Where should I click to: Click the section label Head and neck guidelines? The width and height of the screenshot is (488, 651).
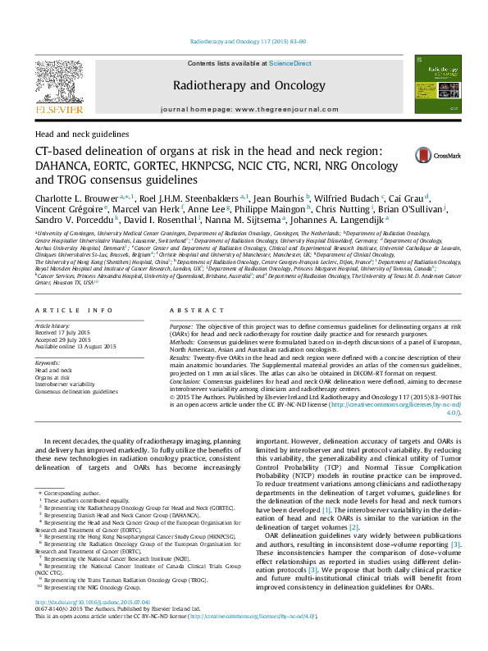82,134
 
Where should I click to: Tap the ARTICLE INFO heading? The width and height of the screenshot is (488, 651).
74,310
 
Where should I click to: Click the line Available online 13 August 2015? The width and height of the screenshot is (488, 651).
76,346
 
